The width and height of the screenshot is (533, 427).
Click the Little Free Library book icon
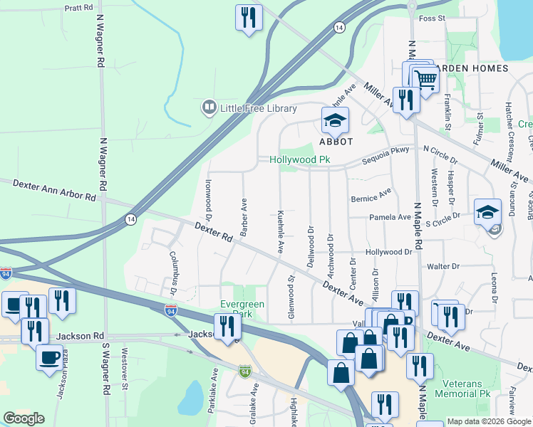pyautogui.click(x=209, y=107)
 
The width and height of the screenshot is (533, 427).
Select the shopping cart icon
pyautogui.click(x=425, y=81)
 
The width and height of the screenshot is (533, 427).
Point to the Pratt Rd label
pyautogui.click(x=78, y=7)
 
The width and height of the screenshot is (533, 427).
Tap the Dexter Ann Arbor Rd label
pyautogui.click(x=54, y=190)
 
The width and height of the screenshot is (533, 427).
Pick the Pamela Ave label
pyautogui.click(x=390, y=217)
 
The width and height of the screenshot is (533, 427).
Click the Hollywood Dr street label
pyautogui.click(x=389, y=252)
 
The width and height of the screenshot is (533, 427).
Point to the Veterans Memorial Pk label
pyautogui.click(x=466, y=388)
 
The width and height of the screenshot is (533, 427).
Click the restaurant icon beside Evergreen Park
pyautogui.click(x=228, y=327)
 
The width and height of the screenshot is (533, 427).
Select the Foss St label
pyautogui.click(x=432, y=18)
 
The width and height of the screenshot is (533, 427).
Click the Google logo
pyautogui.click(x=24, y=418)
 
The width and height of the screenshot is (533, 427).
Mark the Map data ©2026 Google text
pyautogui.click(x=488, y=421)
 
